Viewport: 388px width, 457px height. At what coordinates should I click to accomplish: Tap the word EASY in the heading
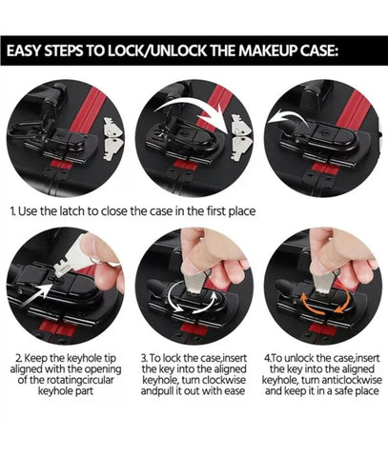(24, 50)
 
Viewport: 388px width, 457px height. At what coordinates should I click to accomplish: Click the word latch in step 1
(72, 211)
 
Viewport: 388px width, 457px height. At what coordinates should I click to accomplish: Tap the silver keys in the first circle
(112, 139)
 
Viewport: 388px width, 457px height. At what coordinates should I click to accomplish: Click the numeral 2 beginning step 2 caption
(19, 358)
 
